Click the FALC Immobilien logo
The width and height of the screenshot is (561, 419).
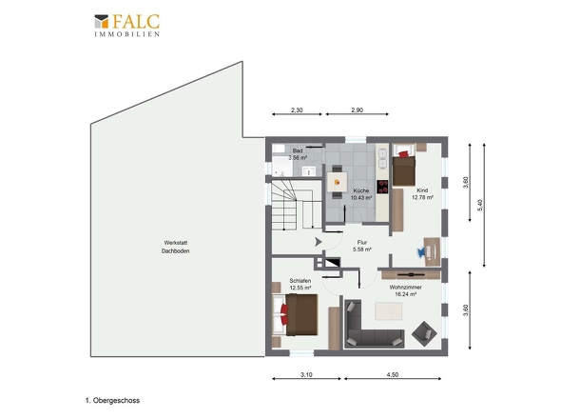pyautogui.click(x=127, y=25)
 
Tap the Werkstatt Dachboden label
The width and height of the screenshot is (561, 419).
pyautogui.click(x=175, y=247)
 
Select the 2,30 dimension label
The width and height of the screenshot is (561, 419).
pyautogui.click(x=297, y=110)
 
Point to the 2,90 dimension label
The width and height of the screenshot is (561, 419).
pyautogui.click(x=358, y=110)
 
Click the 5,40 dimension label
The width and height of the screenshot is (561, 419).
pyautogui.click(x=480, y=205)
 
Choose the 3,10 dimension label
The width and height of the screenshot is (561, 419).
pyautogui.click(x=306, y=374)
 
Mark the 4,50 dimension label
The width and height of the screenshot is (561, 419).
pyautogui.click(x=393, y=374)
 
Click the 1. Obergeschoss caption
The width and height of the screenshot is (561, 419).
pyautogui.click(x=113, y=400)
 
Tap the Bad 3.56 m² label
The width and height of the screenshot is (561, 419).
pyautogui.click(x=298, y=154)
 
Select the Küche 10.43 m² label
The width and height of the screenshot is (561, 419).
pyautogui.click(x=361, y=194)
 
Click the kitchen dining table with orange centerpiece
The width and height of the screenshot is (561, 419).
pyautogui.click(x=337, y=182)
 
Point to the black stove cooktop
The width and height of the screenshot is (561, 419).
pyautogui.click(x=382, y=187)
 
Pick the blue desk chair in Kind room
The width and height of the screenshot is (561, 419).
pyautogui.click(x=421, y=252)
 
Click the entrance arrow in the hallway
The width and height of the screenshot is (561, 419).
pyautogui.click(x=319, y=242)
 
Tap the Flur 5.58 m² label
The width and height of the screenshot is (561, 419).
pyautogui.click(x=362, y=246)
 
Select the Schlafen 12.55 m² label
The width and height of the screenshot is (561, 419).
pyautogui.click(x=300, y=284)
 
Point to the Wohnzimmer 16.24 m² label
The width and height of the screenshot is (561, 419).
pyautogui.click(x=406, y=290)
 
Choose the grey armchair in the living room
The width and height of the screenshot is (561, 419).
pyautogui.click(x=424, y=333)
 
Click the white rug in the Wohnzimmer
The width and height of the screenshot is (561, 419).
pyautogui.click(x=389, y=310)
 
